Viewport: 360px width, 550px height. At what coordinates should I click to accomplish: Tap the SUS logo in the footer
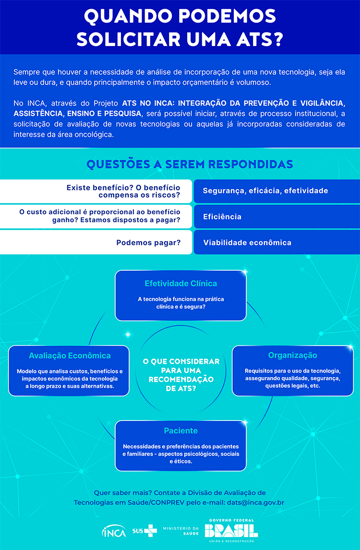[144, 530]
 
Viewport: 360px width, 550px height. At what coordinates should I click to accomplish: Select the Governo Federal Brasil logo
[231, 530]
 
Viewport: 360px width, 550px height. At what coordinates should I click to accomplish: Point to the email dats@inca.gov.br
[256, 502]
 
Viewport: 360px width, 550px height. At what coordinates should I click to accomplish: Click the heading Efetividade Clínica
[180, 283]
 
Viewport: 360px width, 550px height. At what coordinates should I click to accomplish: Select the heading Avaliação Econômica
[70, 356]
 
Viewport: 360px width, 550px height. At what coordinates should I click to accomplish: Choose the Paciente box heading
[180, 430]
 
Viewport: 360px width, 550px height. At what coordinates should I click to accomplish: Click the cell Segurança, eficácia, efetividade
[265, 191]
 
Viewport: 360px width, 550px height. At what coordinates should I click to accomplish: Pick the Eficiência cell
[222, 217]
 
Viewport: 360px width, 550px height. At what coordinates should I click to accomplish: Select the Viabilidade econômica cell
[247, 243]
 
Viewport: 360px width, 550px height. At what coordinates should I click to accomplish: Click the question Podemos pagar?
[148, 243]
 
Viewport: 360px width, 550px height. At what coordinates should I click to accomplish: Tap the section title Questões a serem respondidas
[190, 164]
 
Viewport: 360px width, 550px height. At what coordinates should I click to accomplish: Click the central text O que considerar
[181, 361]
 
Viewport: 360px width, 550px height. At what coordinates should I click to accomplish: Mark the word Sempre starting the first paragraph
[27, 72]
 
